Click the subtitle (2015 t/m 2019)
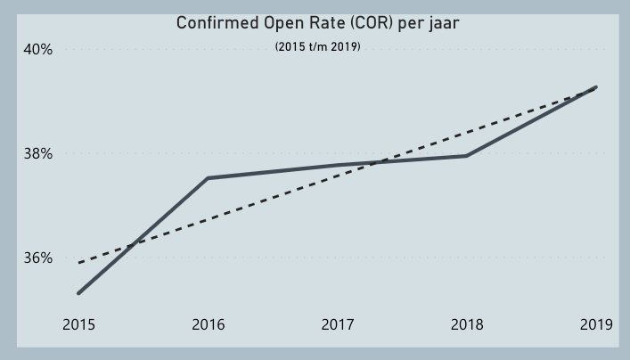[x=318, y=46]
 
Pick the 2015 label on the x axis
[x=78, y=324]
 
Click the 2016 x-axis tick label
[x=208, y=324]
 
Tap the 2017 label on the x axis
[x=338, y=324]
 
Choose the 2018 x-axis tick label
[x=467, y=324]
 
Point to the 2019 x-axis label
[x=596, y=324]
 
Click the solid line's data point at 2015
[x=78, y=292]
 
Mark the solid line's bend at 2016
[x=208, y=178]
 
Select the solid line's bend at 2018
[x=467, y=156]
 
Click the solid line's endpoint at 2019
[x=595, y=87]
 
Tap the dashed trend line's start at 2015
[x=79, y=263]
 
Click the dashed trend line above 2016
[x=208, y=218]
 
